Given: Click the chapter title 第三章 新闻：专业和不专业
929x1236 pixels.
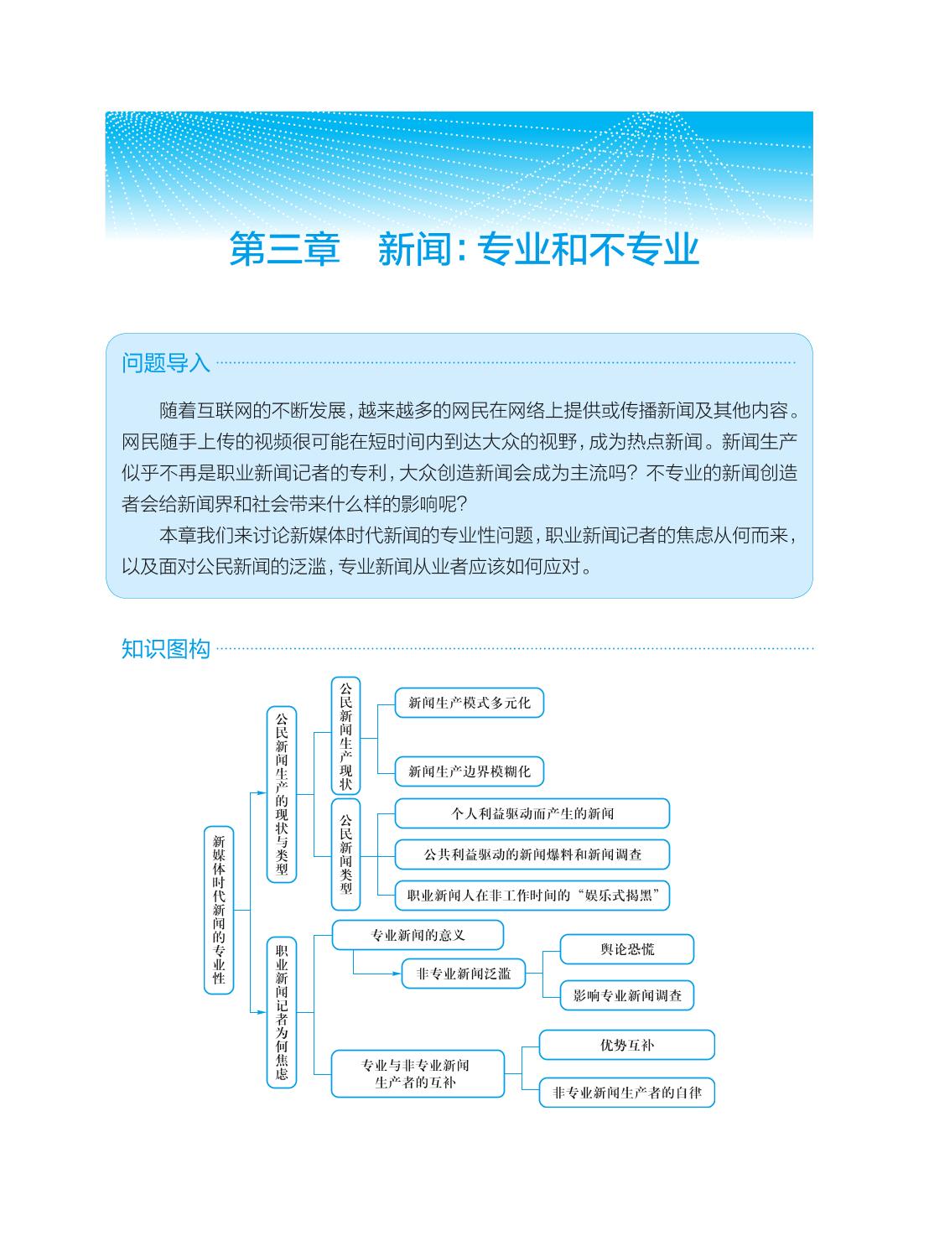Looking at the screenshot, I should point(464,250).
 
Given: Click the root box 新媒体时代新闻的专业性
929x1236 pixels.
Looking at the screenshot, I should point(219,910).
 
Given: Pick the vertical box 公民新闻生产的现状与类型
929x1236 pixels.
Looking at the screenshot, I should point(282,794).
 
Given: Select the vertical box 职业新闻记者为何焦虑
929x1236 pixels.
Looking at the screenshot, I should point(282,1012).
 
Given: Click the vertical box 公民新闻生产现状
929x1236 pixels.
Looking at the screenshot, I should point(346,735).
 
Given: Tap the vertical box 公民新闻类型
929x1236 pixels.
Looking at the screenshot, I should point(346,854).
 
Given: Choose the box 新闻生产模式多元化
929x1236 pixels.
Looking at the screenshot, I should point(469,703).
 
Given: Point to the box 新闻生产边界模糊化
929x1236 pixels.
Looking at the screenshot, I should point(469,771).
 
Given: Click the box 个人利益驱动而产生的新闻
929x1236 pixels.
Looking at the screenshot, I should point(532,813).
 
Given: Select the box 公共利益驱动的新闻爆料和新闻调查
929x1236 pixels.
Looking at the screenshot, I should point(532,854).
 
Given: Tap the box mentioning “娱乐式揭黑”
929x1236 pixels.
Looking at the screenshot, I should point(532,896).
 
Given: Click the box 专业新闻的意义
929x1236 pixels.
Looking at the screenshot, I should point(418,935).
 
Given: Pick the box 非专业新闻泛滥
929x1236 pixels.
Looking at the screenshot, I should point(463,974).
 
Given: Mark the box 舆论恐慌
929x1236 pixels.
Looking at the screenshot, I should point(627,949).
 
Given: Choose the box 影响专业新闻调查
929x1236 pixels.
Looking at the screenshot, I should point(627,995).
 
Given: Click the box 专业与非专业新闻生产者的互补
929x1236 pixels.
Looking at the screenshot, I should point(418,1073).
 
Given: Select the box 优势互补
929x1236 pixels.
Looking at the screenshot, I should point(626,1045).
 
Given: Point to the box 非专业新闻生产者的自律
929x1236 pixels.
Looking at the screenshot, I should point(626,1093).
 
